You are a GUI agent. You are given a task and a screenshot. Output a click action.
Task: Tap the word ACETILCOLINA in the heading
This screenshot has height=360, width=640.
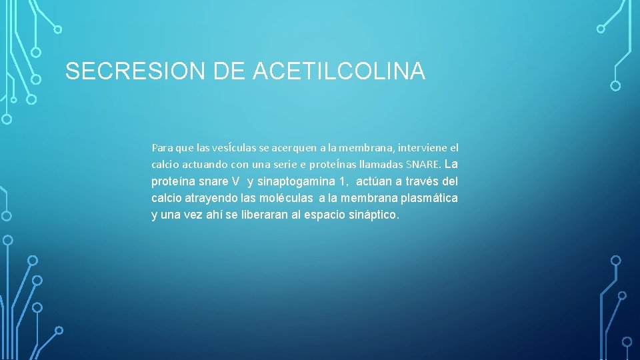(x=339, y=71)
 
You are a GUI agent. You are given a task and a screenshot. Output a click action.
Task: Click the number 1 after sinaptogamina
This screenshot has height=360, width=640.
(x=341, y=181)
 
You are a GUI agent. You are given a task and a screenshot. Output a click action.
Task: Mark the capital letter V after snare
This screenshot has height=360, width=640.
(x=235, y=181)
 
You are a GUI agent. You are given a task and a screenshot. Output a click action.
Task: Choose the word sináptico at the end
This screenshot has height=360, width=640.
(x=374, y=215)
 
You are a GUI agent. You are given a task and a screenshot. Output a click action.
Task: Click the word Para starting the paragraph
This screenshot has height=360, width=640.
(x=162, y=147)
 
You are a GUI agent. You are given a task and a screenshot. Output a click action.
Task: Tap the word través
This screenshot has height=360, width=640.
(x=425, y=181)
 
